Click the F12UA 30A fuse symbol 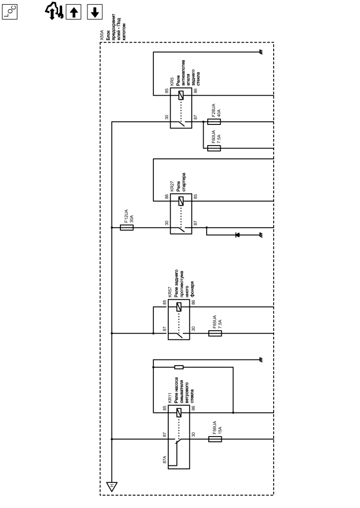tap(127, 227)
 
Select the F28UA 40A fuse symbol tap(214, 122)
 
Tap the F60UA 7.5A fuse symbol tap(214, 148)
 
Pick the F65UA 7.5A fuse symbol tap(215, 333)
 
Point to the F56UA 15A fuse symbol tap(215, 440)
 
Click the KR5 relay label tap(172, 82)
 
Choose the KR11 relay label tap(169, 398)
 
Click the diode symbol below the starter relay tap(237, 235)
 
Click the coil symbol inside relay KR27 tap(181, 202)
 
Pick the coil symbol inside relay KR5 tap(181, 96)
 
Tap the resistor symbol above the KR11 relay tap(179, 367)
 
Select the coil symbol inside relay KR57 tap(179, 307)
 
